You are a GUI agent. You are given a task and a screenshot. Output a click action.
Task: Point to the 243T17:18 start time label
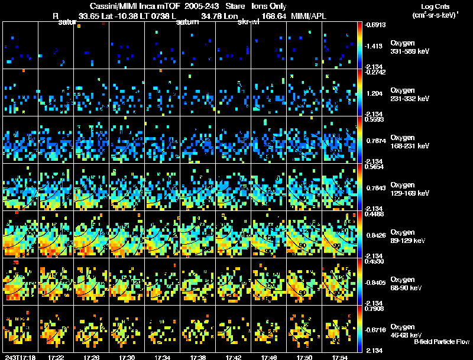coord(19,357)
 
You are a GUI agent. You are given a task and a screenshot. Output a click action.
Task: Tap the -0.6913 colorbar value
coord(377,24)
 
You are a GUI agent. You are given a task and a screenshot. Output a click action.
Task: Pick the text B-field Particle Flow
coord(441,342)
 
